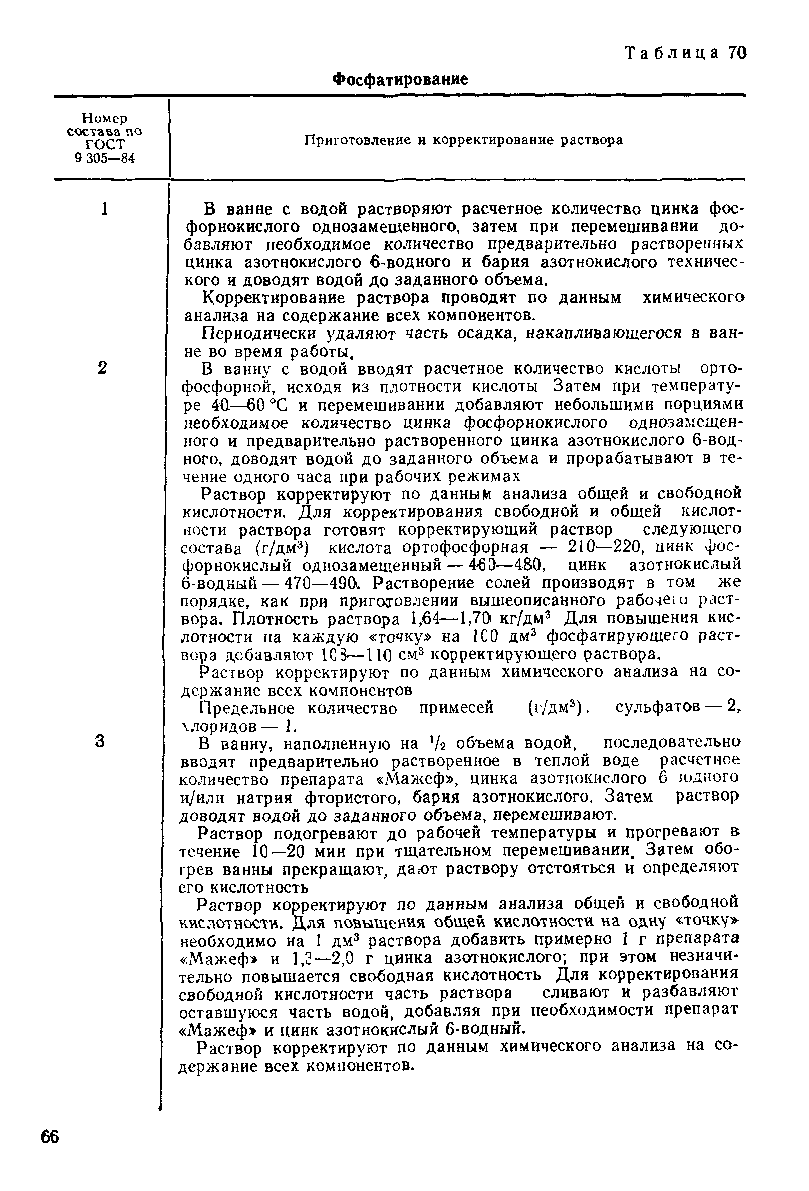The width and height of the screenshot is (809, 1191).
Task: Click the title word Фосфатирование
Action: [x=400, y=79]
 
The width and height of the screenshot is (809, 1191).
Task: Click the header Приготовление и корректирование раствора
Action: [x=463, y=140]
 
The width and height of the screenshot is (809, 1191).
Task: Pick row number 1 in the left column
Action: [x=105, y=209]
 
